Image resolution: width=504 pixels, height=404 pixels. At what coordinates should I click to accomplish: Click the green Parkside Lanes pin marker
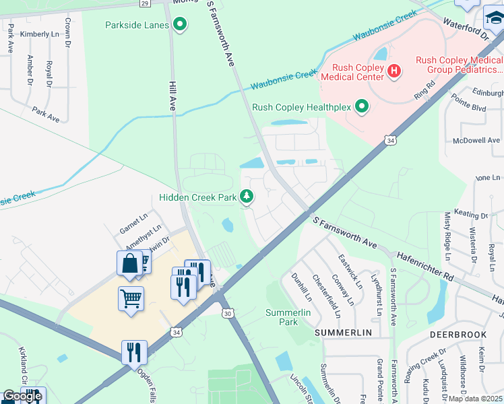pos(179,26)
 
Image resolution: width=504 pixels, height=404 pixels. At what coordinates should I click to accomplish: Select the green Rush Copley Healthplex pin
pos(362,106)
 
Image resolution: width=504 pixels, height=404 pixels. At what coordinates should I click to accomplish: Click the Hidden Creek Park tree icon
pos(247,197)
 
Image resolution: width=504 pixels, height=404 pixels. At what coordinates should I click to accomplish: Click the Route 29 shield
pos(144,3)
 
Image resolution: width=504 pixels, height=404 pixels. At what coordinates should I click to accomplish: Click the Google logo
pos(22,396)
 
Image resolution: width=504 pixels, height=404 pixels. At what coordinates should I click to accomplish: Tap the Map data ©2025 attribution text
pos(475,399)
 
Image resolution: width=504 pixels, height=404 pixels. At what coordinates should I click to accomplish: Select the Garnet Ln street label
pos(132,220)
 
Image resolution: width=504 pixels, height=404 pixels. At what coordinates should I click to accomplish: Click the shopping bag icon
pos(129,263)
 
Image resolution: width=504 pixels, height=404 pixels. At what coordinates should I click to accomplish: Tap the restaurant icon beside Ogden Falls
pos(134,351)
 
